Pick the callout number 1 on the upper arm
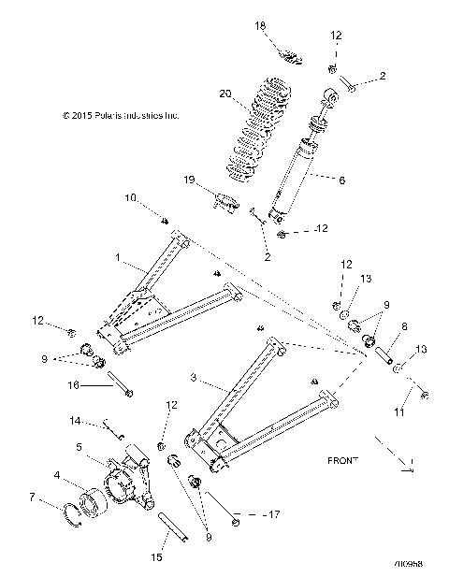[x=118, y=256]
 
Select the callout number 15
[x=158, y=557]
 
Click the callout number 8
[x=404, y=327]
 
